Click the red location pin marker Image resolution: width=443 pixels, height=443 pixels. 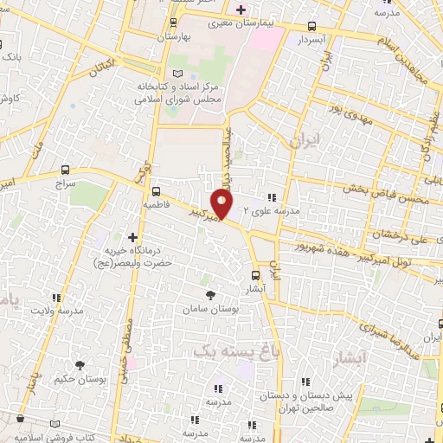tap(222, 204)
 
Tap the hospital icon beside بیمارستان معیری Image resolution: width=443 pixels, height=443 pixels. tap(241, 11)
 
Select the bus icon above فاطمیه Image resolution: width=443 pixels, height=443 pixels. tap(156, 191)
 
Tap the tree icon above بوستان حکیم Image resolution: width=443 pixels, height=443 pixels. tap(80, 366)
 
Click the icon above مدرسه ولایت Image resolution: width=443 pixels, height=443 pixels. tap(59, 297)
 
